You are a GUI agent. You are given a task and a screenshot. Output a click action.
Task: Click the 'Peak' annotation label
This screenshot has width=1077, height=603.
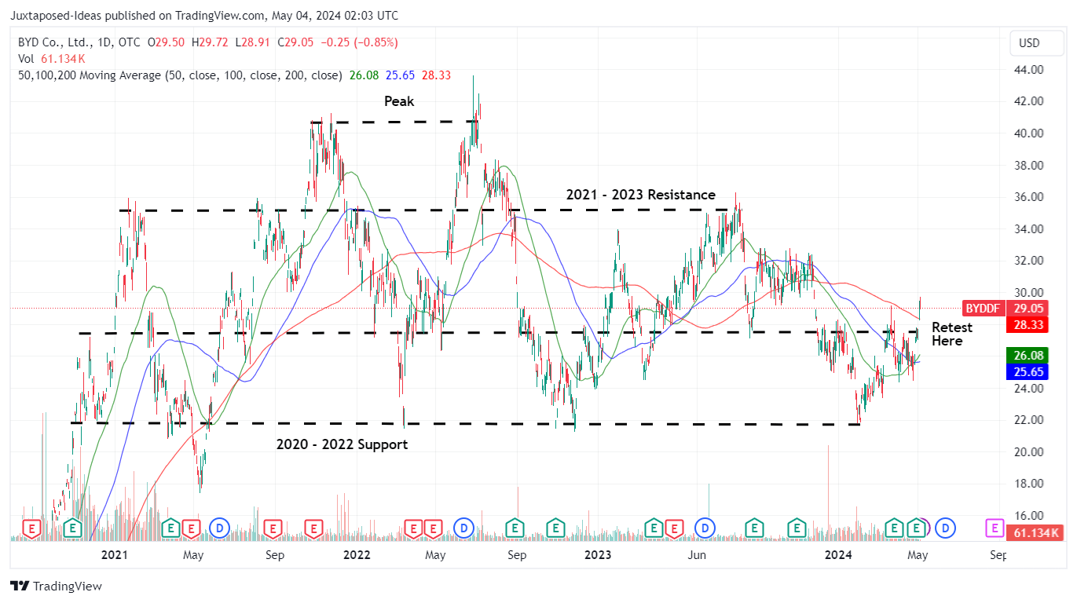(x=398, y=101)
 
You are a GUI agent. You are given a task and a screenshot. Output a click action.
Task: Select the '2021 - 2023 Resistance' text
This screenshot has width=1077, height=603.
(x=640, y=195)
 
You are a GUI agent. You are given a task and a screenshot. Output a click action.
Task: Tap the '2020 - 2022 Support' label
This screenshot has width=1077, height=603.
(x=342, y=444)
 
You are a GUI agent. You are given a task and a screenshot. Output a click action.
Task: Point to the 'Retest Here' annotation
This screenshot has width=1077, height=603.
(x=951, y=334)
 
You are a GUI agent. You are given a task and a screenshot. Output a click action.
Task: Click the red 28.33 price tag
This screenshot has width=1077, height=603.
(x=1027, y=323)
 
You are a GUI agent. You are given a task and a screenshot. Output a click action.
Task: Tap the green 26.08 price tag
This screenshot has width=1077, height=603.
(x=1027, y=356)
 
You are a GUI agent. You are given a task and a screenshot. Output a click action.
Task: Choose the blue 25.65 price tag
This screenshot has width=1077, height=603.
(x=1027, y=372)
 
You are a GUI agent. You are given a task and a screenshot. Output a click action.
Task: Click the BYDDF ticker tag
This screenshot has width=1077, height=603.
(x=983, y=309)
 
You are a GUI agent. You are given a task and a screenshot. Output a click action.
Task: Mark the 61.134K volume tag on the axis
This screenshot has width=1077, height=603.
(x=1034, y=533)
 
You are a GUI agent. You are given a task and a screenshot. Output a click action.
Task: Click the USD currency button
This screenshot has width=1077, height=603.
(x=1028, y=43)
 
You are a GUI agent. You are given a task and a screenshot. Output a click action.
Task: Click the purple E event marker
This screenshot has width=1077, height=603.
(x=995, y=528)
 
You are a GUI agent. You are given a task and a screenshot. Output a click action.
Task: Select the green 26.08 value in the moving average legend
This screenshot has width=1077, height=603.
(x=365, y=75)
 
